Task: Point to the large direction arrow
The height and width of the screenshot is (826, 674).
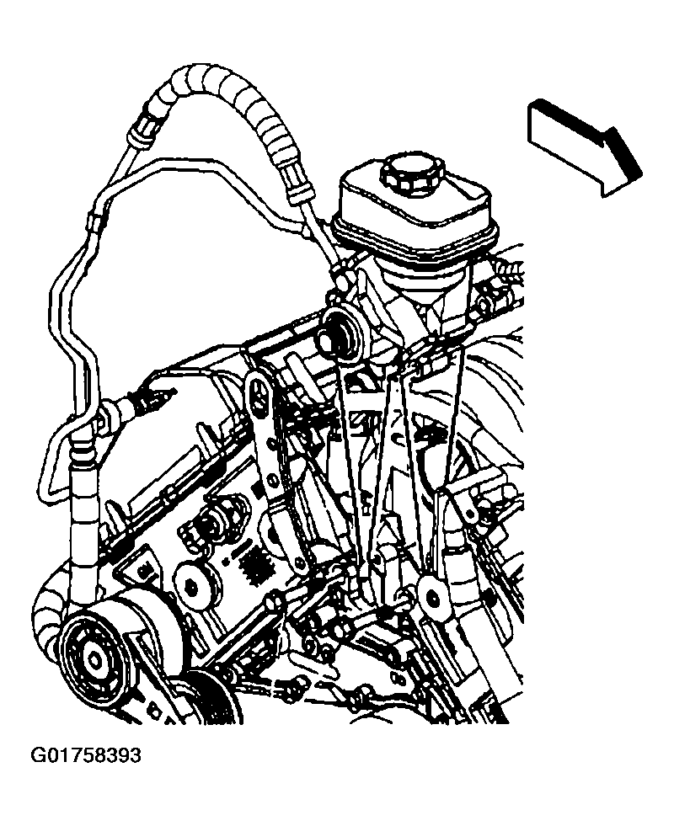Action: click(x=585, y=147)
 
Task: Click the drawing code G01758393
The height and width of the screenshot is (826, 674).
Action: click(x=86, y=756)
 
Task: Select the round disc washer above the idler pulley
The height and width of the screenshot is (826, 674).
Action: click(x=196, y=585)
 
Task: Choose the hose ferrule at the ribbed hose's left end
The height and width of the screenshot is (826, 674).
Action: click(x=144, y=129)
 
